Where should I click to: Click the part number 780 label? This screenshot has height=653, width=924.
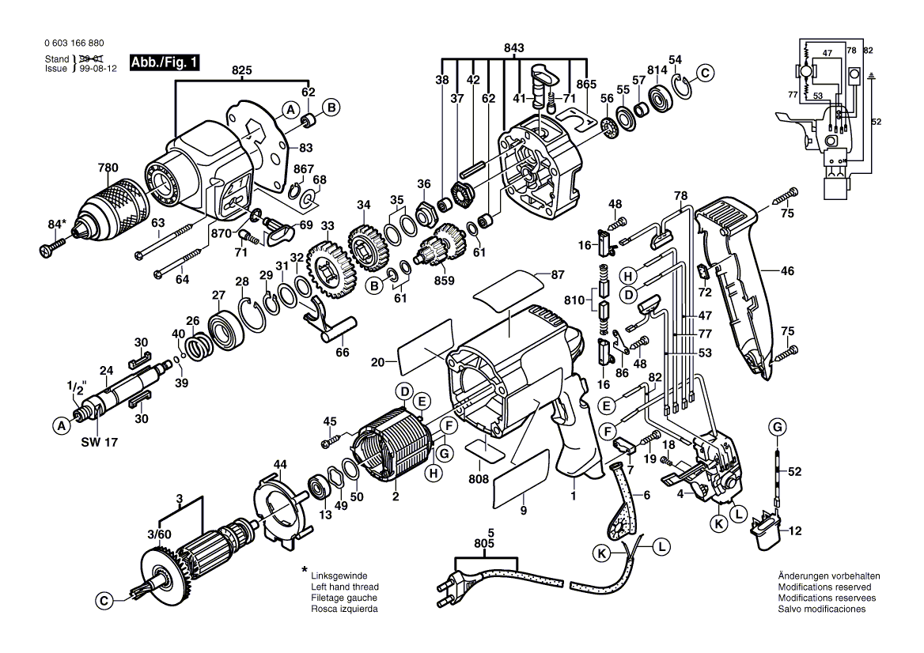(x=108, y=168)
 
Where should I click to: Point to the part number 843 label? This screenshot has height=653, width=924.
(x=513, y=48)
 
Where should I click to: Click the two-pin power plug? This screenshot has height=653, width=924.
(x=446, y=588)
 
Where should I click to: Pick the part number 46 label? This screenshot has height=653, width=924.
(x=786, y=271)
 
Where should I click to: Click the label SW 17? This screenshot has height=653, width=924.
(x=98, y=442)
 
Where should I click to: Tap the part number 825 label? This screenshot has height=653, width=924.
(x=242, y=70)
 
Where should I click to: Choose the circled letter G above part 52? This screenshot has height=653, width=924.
(x=778, y=428)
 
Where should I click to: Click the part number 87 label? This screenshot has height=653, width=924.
(x=558, y=274)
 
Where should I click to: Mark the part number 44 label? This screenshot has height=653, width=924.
(x=280, y=463)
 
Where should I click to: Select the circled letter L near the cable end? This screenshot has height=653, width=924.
(x=661, y=545)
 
